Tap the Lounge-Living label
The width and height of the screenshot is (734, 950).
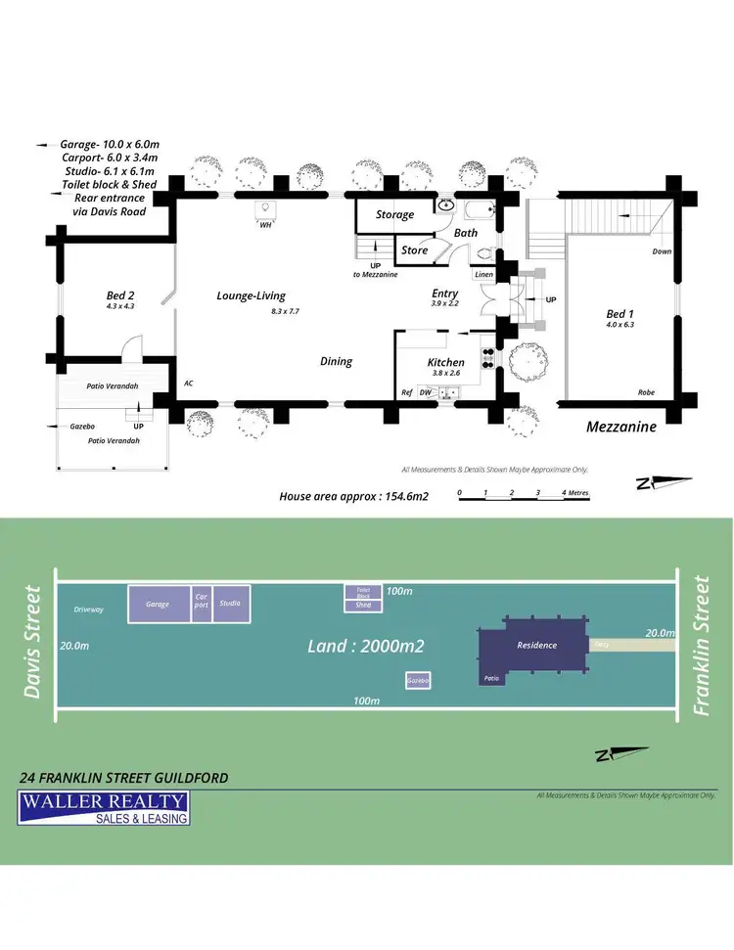click(251, 295)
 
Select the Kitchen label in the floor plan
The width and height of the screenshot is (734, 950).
click(445, 362)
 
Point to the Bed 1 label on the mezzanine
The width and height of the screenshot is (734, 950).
click(620, 314)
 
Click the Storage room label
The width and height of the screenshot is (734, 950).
click(394, 214)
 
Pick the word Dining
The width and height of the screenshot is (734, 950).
click(336, 361)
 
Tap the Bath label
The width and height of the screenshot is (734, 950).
click(466, 233)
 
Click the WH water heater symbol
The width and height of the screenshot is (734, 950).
click(265, 209)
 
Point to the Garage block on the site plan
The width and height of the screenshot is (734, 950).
click(159, 605)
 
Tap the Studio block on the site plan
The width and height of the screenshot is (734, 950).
click(231, 604)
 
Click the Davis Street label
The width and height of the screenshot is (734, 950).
click(32, 642)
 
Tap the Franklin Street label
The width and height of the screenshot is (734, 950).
click(701, 646)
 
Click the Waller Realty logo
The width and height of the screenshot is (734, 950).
click(104, 809)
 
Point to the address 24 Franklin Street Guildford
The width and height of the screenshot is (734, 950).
click(124, 778)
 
